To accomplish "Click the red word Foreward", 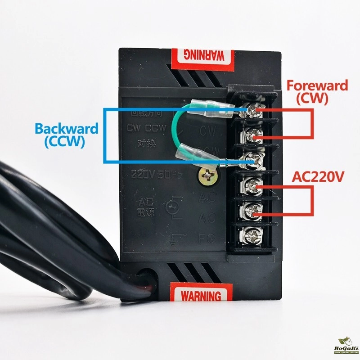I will tap(317, 85).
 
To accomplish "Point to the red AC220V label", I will tap(318, 177).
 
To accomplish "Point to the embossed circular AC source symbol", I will tap(171, 207).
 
